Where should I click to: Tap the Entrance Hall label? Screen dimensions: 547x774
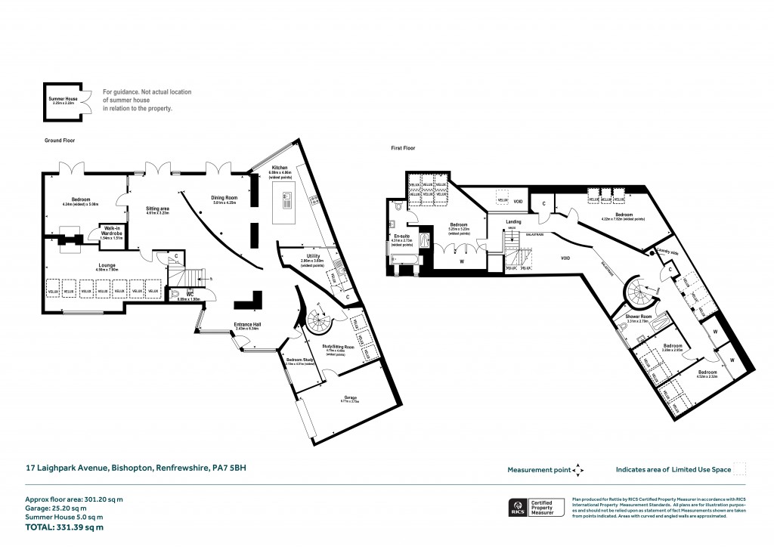[246, 326]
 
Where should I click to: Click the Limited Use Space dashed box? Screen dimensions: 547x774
[740, 469]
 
